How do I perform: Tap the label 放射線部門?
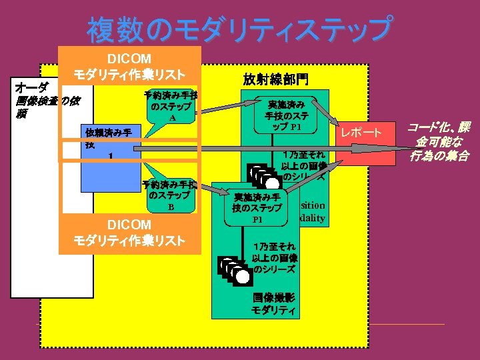(275, 79)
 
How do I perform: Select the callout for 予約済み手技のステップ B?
(171, 196)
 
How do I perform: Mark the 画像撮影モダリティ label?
(273, 304)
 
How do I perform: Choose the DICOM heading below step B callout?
(129, 232)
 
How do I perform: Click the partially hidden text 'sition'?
(313, 205)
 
